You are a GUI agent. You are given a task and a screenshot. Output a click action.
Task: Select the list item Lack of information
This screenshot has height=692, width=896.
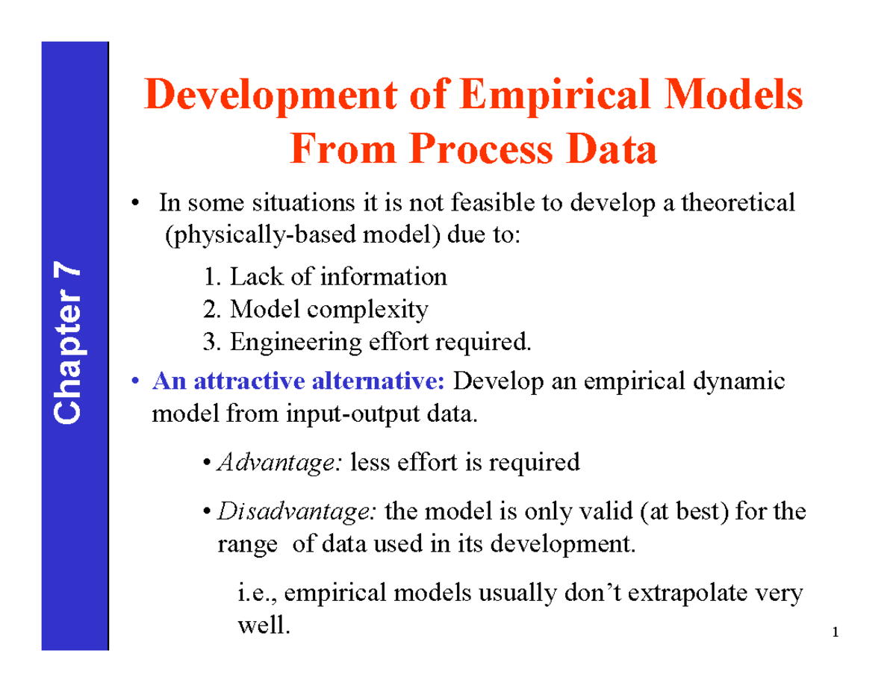click(324, 277)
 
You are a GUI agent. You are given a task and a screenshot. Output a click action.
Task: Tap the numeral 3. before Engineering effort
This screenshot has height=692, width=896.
click(212, 342)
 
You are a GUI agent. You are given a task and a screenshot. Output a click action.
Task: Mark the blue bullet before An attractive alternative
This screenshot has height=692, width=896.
click(135, 382)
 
